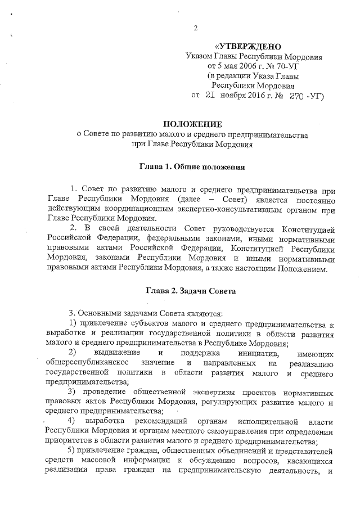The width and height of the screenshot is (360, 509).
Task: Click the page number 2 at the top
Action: pyautogui.click(x=196, y=29)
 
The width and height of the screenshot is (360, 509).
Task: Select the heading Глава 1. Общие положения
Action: pyautogui.click(x=192, y=167)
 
